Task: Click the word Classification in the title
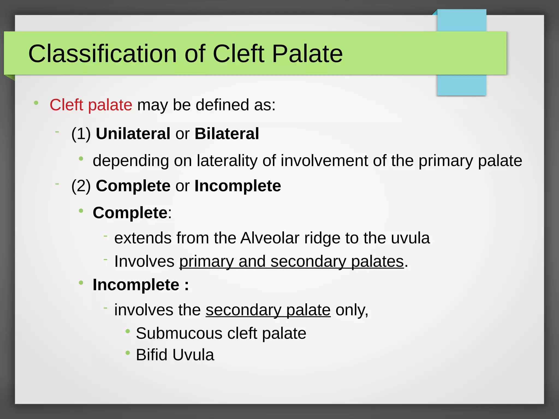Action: (x=102, y=54)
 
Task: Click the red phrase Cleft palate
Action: (x=91, y=105)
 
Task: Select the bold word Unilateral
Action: (x=133, y=134)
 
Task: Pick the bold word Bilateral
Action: (x=227, y=134)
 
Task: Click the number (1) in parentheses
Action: (x=81, y=134)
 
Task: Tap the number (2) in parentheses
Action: (x=81, y=186)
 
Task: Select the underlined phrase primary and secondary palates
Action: (x=291, y=261)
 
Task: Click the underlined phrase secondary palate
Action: (x=268, y=310)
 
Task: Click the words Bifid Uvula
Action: (x=175, y=355)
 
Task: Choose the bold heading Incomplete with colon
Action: (x=140, y=285)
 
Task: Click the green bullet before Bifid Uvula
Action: (x=127, y=353)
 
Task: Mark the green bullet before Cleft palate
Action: (x=36, y=103)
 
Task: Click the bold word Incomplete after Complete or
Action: (x=237, y=186)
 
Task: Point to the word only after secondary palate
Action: (x=351, y=310)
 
